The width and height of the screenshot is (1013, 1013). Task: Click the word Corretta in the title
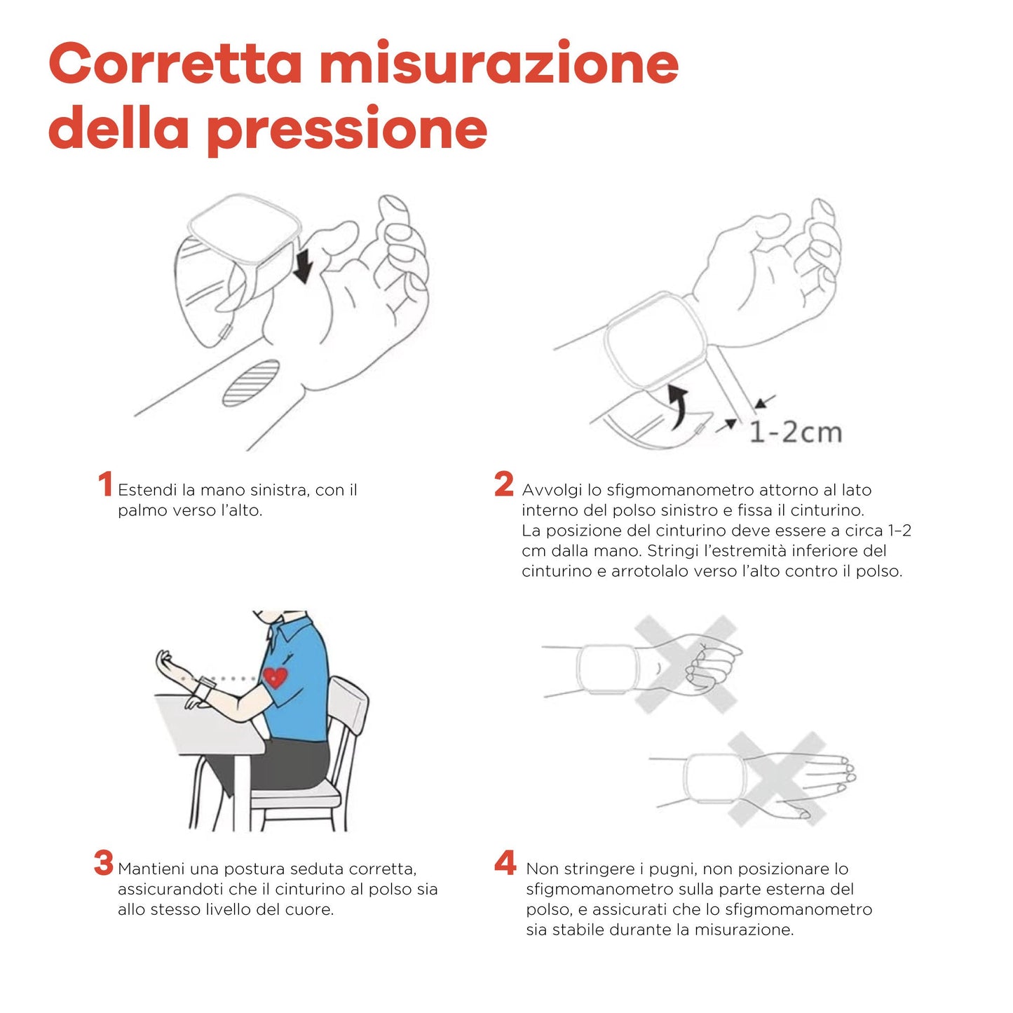click(175, 63)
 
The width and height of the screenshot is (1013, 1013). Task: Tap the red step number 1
click(105, 484)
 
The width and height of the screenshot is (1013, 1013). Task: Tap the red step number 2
click(503, 484)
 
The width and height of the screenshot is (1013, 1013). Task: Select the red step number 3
click(104, 863)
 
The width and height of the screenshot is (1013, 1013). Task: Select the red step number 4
click(505, 863)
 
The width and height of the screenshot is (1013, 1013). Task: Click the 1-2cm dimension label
click(795, 432)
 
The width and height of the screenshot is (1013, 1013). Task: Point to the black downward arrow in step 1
click(303, 267)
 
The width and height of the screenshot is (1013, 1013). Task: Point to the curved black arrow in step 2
click(677, 405)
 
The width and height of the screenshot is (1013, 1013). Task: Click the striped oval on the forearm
click(251, 383)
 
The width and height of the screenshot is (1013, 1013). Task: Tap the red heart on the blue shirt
click(275, 677)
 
